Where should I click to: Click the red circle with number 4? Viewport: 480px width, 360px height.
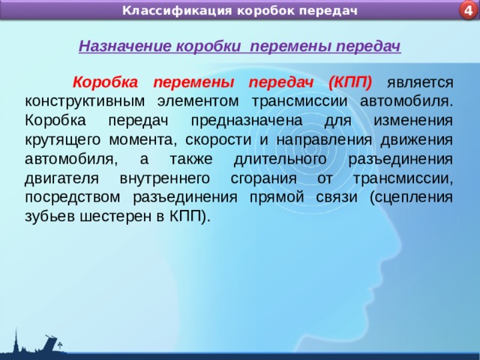468,10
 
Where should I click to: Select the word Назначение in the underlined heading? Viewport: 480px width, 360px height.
125,46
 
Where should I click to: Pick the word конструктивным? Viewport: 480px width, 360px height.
85,100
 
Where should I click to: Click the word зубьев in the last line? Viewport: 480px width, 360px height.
47,217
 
